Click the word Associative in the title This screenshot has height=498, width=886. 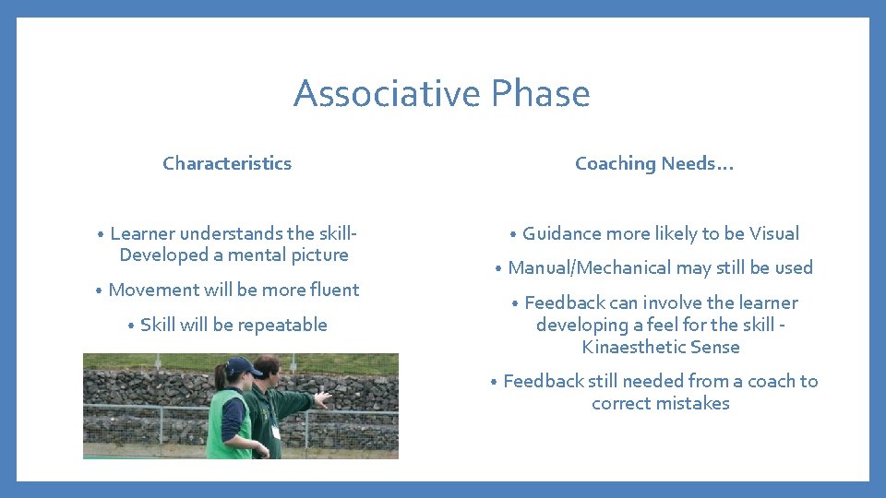pos(388,94)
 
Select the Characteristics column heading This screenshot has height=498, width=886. pos(227,163)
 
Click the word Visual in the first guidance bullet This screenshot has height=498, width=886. pos(774,233)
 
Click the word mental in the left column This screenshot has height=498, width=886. pos(257,255)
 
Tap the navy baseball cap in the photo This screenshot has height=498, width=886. pos(242,366)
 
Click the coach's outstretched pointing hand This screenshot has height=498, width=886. pos(322,398)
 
